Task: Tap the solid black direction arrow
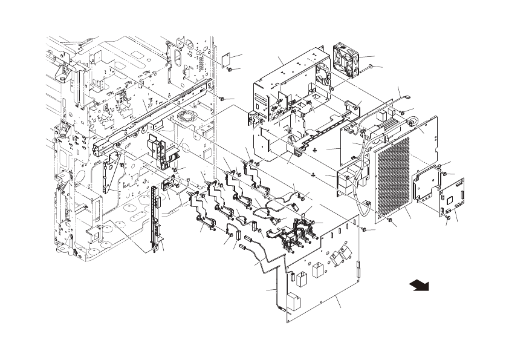417,284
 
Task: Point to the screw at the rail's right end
223,99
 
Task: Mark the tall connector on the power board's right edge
358,266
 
